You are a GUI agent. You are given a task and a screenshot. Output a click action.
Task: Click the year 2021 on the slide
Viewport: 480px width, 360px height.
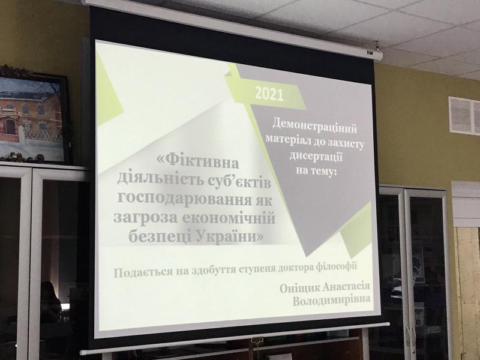[x=269, y=94]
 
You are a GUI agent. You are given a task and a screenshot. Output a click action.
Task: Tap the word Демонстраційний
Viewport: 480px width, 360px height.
[x=314, y=127]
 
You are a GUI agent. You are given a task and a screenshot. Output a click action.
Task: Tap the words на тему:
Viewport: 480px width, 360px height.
[x=316, y=171]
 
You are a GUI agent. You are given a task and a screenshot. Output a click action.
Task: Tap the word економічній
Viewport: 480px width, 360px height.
[x=229, y=218]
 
